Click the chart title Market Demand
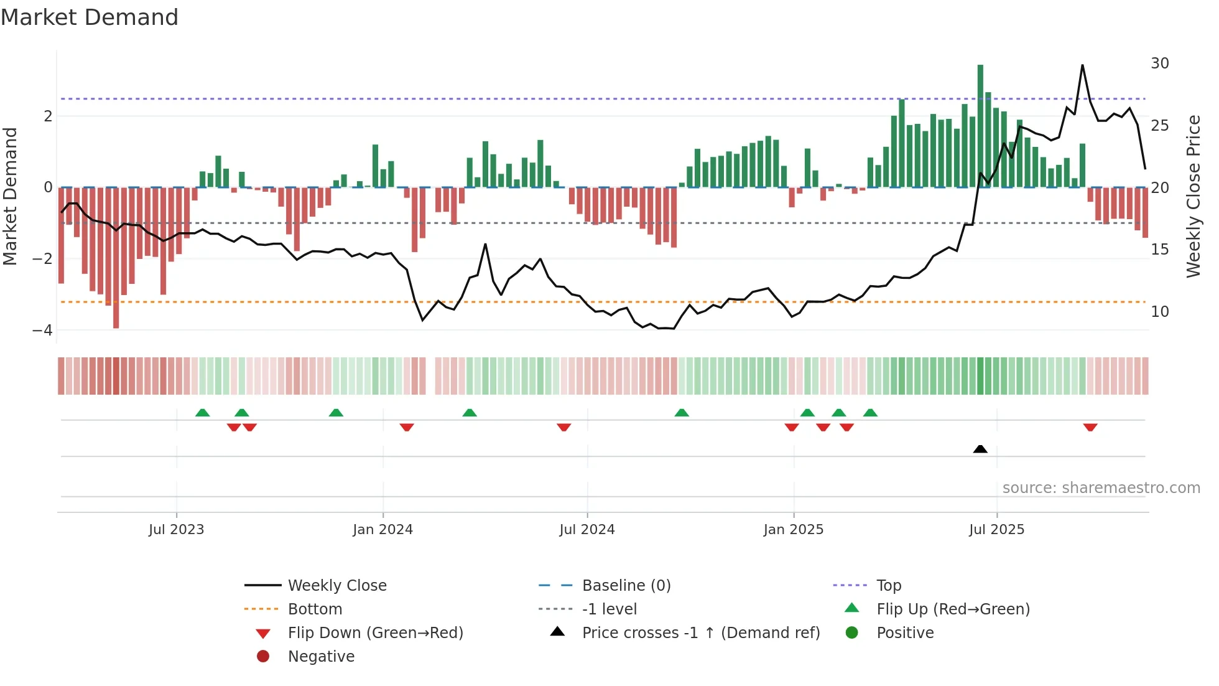90,17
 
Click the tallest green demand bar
980,125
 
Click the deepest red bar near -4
116,258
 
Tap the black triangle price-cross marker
980,449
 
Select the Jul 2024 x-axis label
586,530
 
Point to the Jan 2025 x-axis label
793,530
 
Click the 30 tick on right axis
1159,63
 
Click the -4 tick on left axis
43,331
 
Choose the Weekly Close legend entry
336,586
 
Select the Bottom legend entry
315,609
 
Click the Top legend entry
888,586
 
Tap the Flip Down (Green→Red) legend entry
375,633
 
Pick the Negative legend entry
321,657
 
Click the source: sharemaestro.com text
1101,488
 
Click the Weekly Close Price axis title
1193,196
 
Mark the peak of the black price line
1082,65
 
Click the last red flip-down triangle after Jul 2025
1090,427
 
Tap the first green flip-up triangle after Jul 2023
202,413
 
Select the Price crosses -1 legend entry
700,633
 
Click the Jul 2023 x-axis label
176,530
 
